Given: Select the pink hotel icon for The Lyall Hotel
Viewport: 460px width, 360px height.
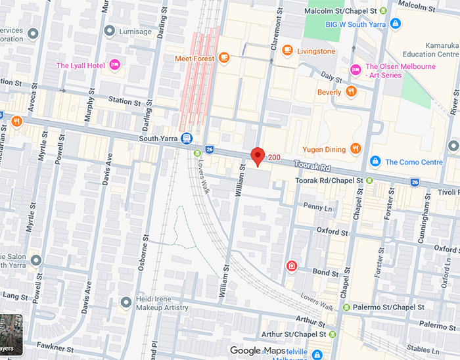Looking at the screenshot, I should point(114,65).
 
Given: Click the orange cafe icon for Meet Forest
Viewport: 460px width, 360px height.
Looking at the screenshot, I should point(224,58).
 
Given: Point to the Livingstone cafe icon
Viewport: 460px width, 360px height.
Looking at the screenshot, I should point(287,51).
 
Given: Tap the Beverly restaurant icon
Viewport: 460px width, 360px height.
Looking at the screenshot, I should point(352,92).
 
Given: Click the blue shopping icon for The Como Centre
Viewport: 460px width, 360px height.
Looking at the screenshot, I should point(375,162).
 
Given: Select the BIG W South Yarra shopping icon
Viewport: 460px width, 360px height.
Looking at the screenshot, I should point(395,24).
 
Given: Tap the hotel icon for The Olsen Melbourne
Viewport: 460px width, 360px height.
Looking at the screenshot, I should point(356,70).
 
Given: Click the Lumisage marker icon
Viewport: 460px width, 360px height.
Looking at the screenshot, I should point(110,31).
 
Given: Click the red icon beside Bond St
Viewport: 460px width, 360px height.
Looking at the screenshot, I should point(291,266).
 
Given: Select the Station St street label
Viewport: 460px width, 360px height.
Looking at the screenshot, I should point(125,102).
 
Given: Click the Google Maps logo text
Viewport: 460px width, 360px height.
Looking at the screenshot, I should point(258,351).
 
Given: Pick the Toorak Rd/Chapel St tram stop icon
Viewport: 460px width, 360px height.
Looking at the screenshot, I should point(369,180).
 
